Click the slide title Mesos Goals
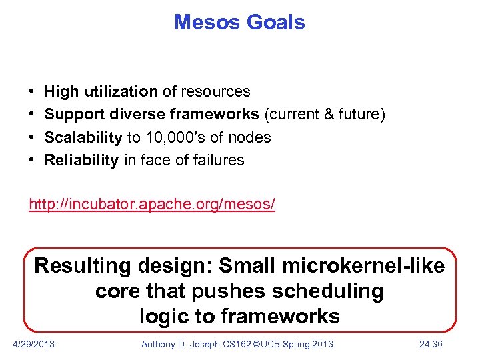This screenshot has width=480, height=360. click(x=239, y=22)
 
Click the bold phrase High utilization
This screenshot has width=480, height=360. click(x=101, y=91)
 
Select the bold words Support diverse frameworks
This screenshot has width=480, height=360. click(x=151, y=114)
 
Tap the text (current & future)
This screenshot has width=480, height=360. click(x=325, y=114)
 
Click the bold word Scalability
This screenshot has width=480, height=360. click(x=83, y=137)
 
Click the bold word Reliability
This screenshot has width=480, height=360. click(x=81, y=160)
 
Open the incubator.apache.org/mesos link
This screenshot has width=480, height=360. click(x=151, y=204)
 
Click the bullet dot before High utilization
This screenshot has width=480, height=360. click(x=33, y=92)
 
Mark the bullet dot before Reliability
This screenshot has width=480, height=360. click(x=33, y=161)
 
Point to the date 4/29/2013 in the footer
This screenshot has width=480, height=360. click(x=34, y=344)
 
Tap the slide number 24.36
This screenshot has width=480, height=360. click(x=431, y=344)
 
